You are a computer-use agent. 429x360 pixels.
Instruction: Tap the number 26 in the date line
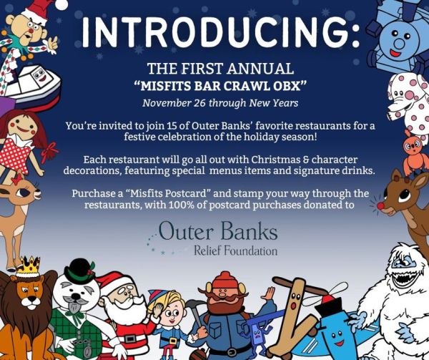199,103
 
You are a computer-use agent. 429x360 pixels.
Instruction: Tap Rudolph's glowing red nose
380,205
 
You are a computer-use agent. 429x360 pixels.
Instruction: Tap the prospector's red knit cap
225,281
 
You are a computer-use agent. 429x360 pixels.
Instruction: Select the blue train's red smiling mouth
395,52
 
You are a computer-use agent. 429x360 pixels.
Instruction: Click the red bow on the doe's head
17,178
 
